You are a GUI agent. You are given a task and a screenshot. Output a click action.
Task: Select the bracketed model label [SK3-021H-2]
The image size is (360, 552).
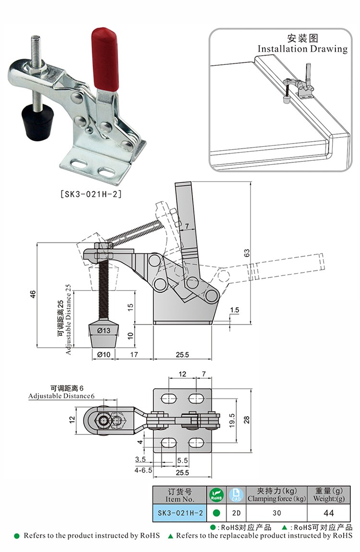[91, 194]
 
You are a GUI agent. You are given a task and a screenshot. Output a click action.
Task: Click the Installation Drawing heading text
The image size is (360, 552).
[302, 48]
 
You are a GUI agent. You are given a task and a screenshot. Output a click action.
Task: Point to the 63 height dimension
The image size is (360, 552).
[247, 252]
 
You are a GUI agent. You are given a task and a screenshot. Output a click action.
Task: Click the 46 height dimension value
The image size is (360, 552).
[33, 294]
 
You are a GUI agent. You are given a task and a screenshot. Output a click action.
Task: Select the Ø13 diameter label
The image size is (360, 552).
[104, 330]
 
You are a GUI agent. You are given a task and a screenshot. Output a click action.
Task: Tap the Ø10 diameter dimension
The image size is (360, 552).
[104, 354]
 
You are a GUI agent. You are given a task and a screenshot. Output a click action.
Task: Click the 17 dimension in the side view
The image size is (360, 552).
[134, 354]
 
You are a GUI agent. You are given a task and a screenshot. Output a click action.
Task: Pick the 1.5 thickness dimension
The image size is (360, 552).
[234, 311]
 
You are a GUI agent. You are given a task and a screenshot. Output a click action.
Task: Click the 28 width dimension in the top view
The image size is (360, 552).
[247, 420]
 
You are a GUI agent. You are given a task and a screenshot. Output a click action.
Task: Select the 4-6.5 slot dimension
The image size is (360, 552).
[144, 471]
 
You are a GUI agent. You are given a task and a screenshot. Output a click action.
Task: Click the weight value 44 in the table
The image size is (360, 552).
[329, 513]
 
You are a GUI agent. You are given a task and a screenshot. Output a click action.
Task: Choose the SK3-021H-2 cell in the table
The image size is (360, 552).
[180, 513]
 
